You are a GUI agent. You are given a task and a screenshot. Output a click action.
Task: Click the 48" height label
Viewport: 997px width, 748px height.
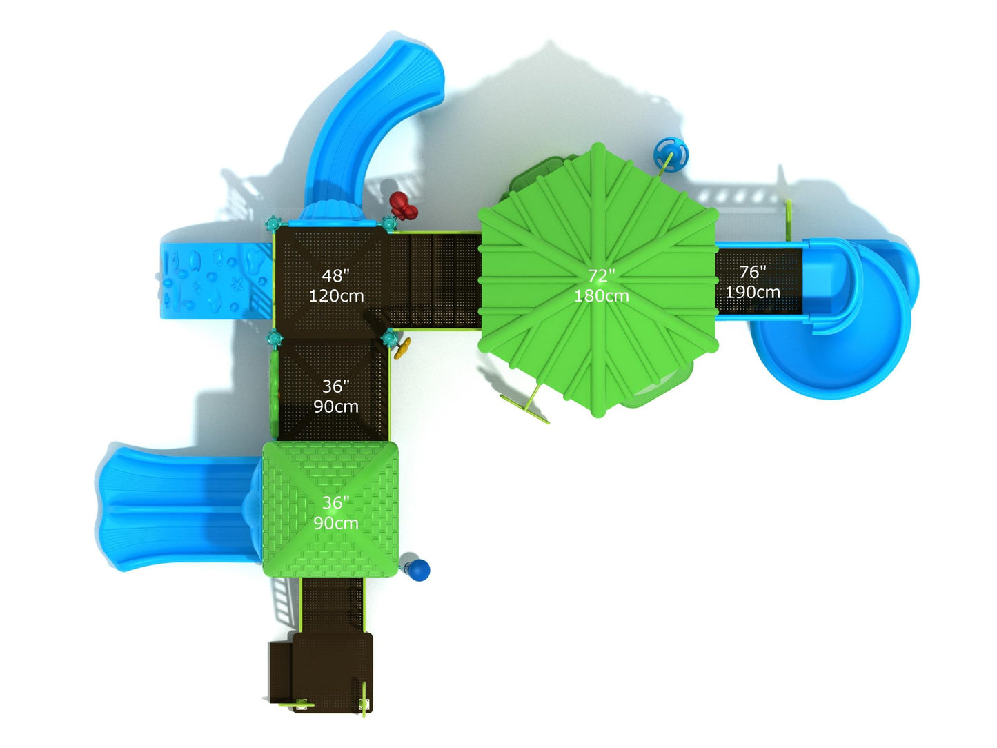tap(335, 275)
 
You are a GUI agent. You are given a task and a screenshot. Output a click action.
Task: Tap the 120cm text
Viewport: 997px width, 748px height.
tap(336, 296)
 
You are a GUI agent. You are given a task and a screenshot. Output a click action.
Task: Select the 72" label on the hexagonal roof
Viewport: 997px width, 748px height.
tap(601, 275)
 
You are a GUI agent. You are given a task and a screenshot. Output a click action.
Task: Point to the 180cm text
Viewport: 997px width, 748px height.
tap(602, 296)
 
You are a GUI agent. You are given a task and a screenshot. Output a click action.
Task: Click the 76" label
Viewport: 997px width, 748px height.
tap(752, 272)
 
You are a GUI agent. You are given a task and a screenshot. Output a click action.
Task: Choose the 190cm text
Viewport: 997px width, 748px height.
tap(752, 292)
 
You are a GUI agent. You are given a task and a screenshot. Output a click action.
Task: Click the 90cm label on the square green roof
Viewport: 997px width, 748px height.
tap(335, 523)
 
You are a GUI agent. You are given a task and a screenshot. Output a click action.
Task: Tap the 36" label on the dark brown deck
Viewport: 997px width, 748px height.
tap(335, 386)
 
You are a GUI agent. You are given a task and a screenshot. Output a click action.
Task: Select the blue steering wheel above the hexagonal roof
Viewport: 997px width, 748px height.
tap(671, 153)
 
